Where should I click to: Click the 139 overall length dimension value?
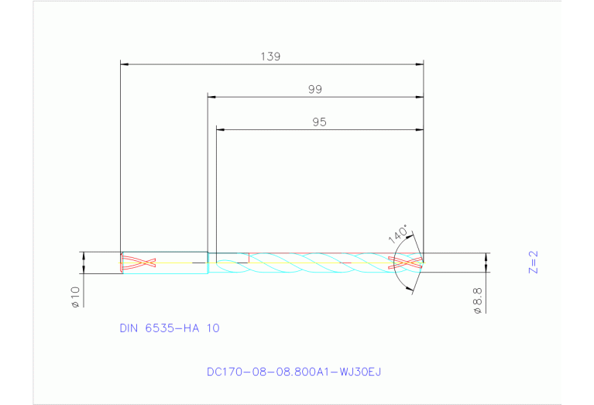point(270,57)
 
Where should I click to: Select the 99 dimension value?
point(314,90)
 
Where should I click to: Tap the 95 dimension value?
point(319,122)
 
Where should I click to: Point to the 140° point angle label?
point(400,233)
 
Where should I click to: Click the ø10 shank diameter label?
point(75,297)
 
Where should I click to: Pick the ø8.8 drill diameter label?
point(477,300)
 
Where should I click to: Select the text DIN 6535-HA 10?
point(170,328)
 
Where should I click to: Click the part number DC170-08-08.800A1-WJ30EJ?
point(294,372)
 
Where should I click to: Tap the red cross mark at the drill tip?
point(407,263)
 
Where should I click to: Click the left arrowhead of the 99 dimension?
point(212,97)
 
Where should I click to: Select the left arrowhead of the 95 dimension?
point(220,129)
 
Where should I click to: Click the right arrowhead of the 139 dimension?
point(419,63)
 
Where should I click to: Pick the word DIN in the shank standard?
point(129,328)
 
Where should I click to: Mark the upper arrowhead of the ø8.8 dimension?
point(486,256)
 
